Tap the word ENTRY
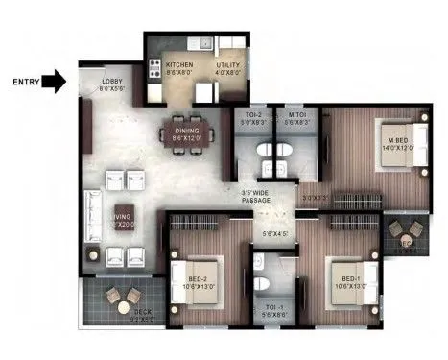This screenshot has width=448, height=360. [x=25, y=83]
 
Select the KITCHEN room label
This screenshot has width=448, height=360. [x=178, y=65]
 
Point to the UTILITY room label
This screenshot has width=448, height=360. [x=228, y=65]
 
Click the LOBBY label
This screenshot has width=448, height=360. [x=113, y=82]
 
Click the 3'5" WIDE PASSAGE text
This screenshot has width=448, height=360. [x=255, y=195]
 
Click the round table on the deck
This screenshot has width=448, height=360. [x=122, y=298]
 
